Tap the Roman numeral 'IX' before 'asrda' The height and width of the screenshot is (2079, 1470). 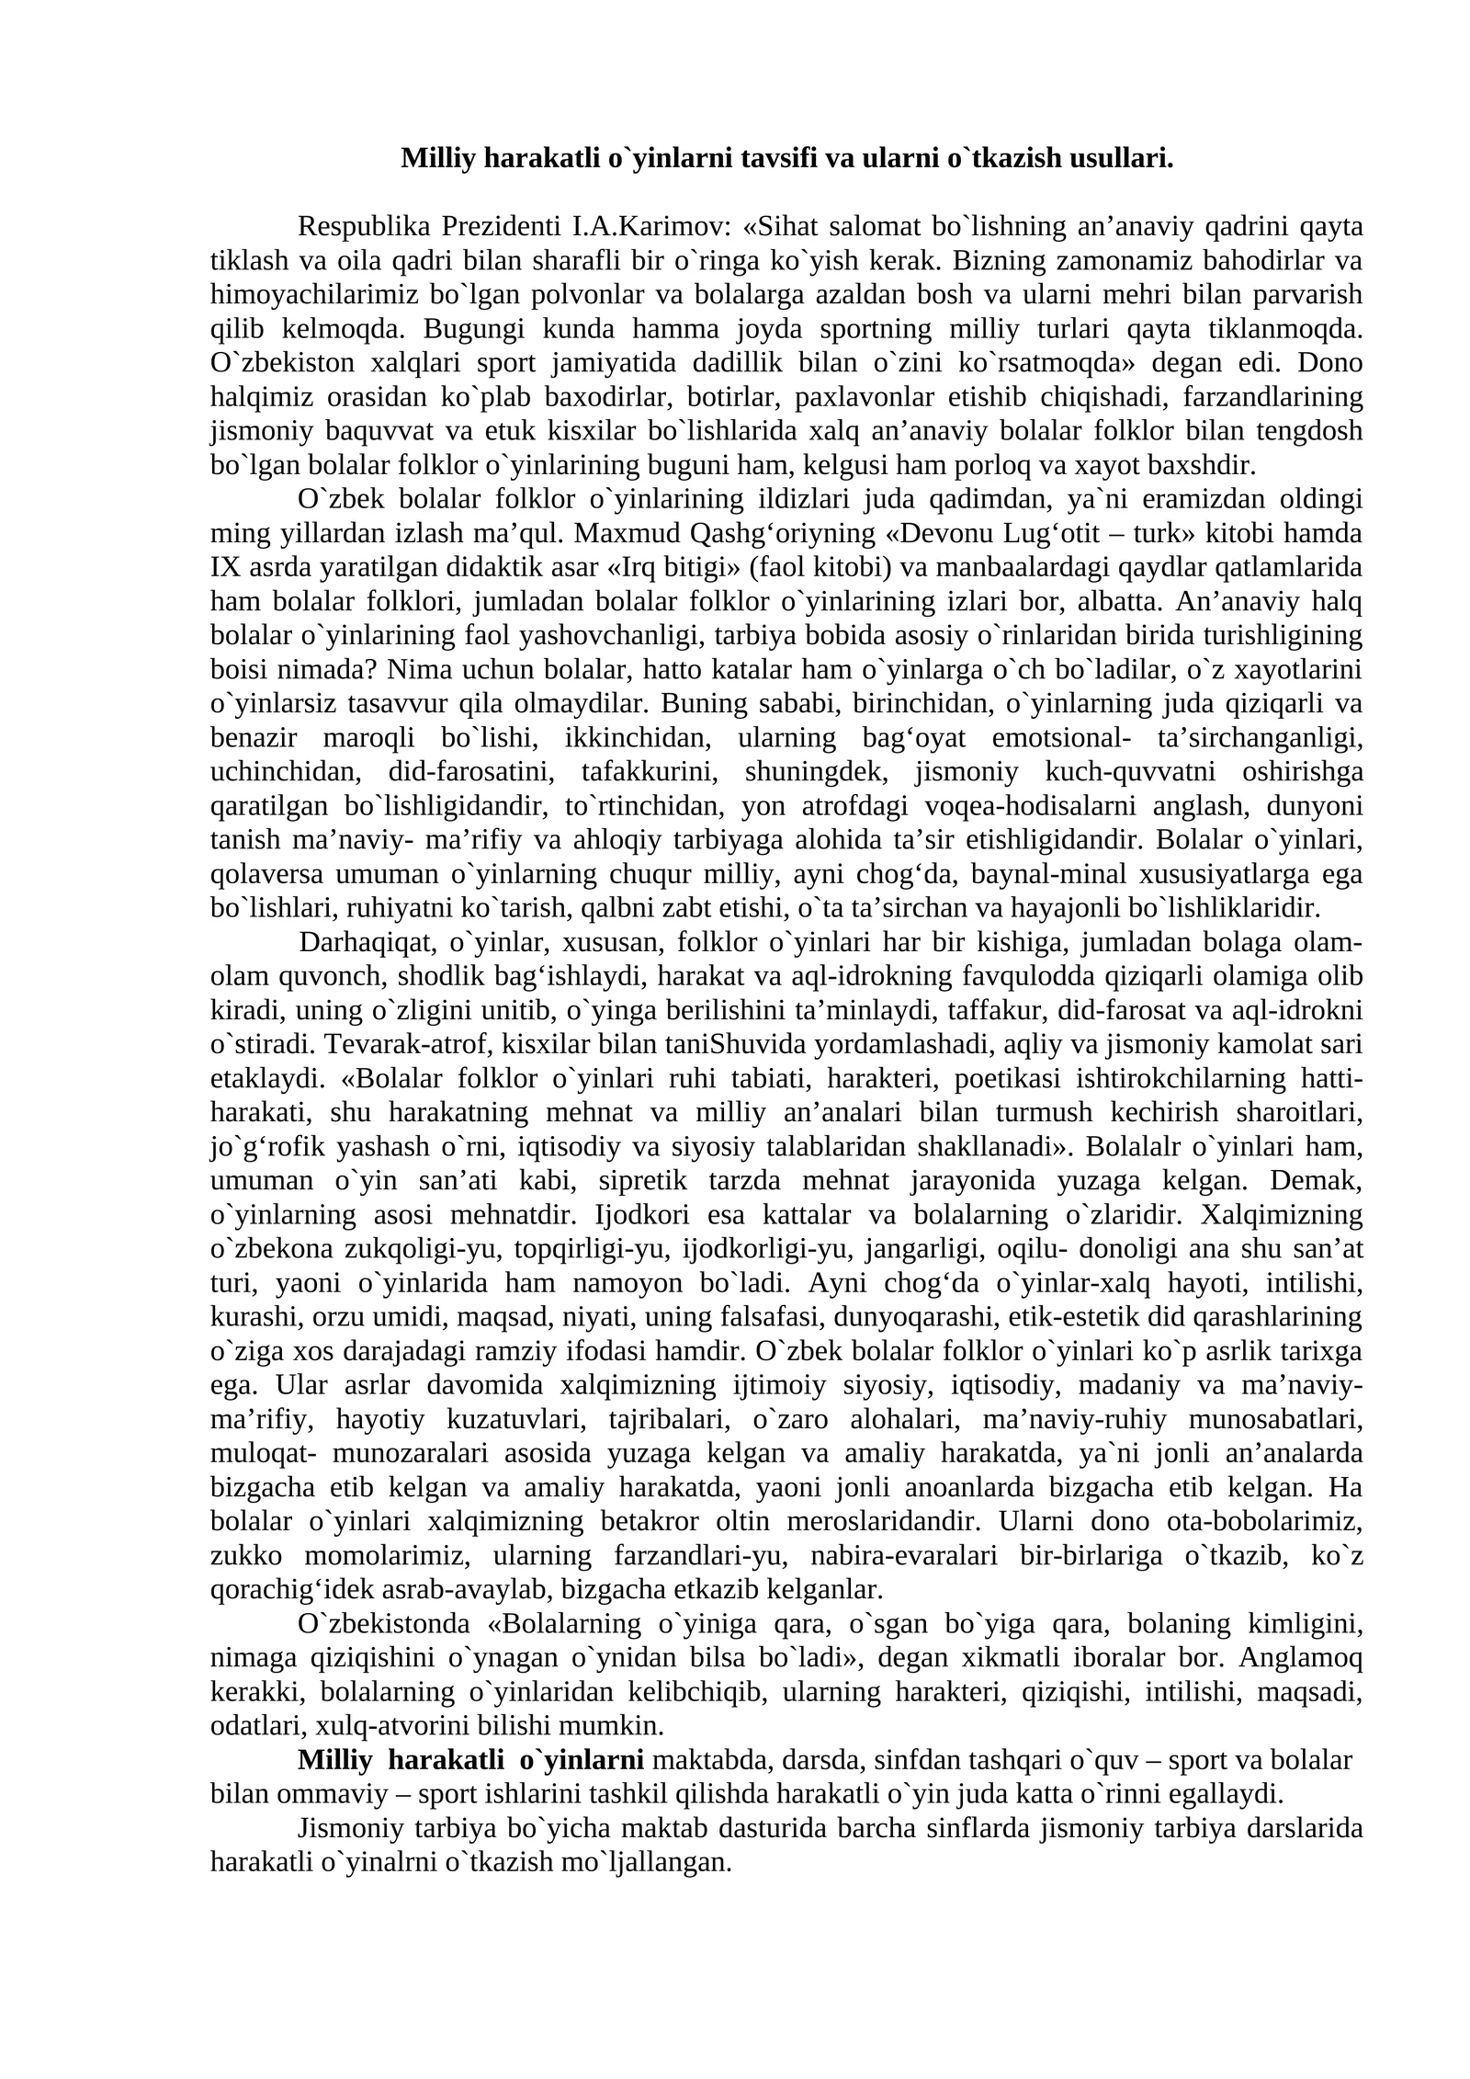point(225,567)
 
